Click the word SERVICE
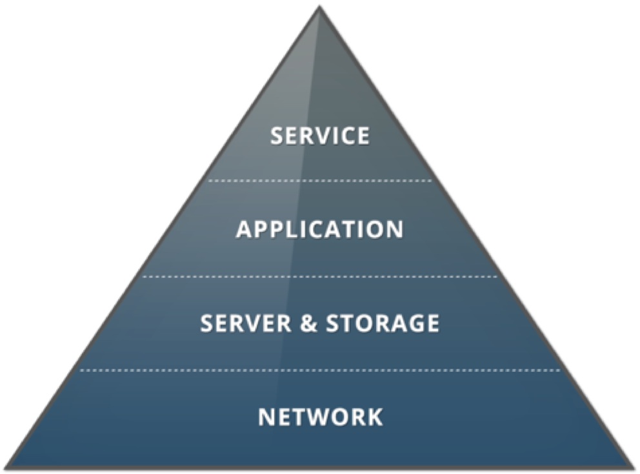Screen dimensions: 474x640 (x=320, y=136)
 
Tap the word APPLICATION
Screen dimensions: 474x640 (x=320, y=229)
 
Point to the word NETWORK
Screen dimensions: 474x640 (x=320, y=417)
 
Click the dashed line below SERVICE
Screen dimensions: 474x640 (x=320, y=181)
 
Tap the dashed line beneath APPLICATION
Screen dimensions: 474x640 (x=320, y=276)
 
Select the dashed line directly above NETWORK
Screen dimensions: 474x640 (x=320, y=371)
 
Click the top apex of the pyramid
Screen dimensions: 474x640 (x=319, y=8)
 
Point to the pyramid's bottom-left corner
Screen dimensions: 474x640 (x=9, y=466)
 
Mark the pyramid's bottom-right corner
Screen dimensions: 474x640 (x=632, y=466)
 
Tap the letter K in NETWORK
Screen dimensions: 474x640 (x=375, y=417)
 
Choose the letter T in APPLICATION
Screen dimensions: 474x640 (x=346, y=229)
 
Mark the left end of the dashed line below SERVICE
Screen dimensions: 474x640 (x=209, y=181)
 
